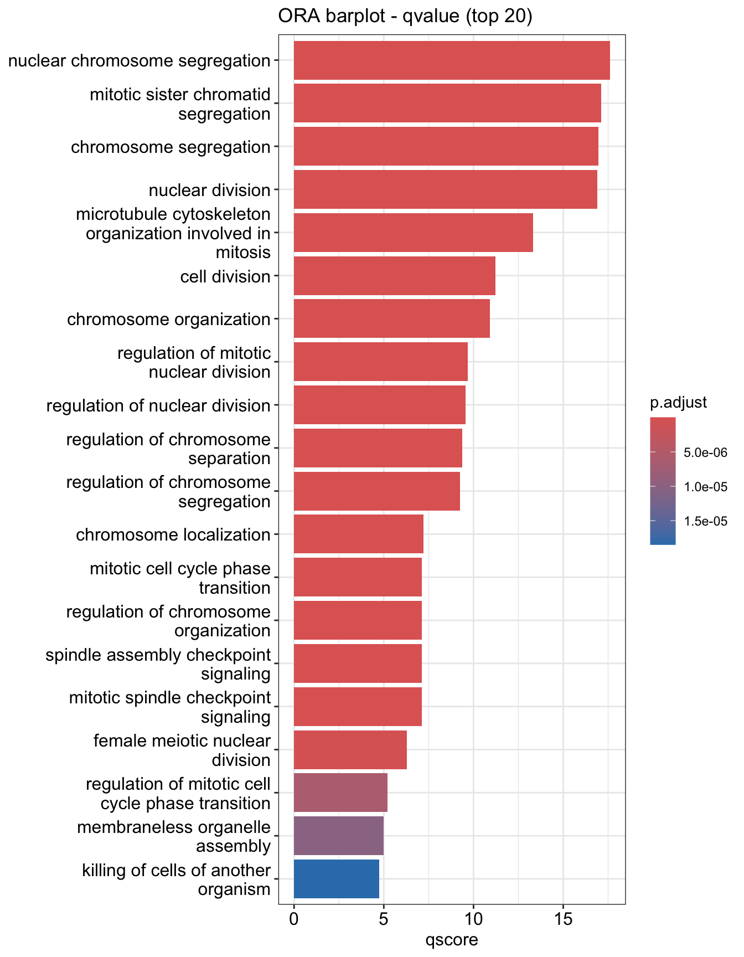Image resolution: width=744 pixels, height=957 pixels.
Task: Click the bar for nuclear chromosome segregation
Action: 451,60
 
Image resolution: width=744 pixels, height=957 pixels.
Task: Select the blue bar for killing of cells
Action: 336,879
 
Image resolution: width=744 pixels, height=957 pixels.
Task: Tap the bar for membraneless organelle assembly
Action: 338,836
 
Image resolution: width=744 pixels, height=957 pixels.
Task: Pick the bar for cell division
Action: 394,276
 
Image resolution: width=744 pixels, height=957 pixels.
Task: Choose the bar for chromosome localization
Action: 358,534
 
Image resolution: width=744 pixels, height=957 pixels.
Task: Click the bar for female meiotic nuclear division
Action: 350,750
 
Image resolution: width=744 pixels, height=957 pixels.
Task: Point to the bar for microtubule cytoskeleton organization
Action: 413,233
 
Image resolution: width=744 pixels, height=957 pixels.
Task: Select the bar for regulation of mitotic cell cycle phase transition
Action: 340,793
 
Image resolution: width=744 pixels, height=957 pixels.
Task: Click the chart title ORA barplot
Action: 405,17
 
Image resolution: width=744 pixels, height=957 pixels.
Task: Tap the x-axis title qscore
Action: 451,939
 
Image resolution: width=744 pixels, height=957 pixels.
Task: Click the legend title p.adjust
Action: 678,403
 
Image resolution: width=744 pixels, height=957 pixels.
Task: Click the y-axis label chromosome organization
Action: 169,320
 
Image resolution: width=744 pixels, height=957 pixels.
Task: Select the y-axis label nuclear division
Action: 210,191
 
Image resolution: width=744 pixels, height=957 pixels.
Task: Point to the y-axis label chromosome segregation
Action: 170,147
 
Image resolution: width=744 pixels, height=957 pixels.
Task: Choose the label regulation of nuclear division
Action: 158,406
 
